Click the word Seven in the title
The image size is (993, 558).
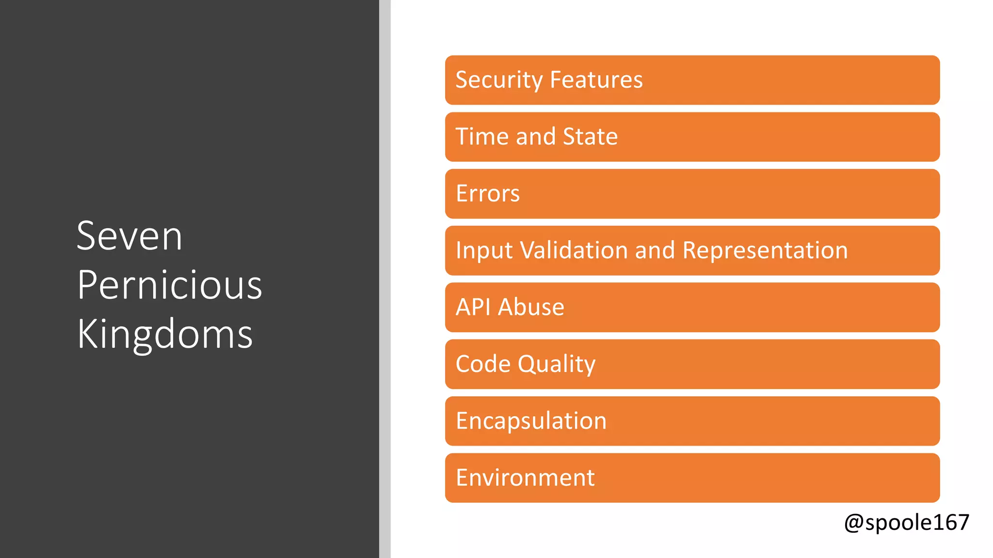click(x=129, y=236)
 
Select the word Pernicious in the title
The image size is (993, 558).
click(x=169, y=285)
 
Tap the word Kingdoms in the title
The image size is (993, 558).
click(x=165, y=334)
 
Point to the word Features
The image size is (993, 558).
click(x=596, y=80)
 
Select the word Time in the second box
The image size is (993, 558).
click(x=482, y=137)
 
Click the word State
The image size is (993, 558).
click(x=590, y=137)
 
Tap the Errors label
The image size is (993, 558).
click(x=488, y=194)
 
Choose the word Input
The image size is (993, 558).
click(x=484, y=251)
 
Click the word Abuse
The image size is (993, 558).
click(x=531, y=307)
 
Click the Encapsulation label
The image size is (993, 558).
click(x=531, y=421)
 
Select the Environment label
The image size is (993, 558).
click(x=525, y=478)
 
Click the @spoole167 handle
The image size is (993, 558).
click(x=906, y=523)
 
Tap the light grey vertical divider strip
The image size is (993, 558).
click(x=385, y=279)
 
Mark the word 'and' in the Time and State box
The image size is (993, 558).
click(x=535, y=137)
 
